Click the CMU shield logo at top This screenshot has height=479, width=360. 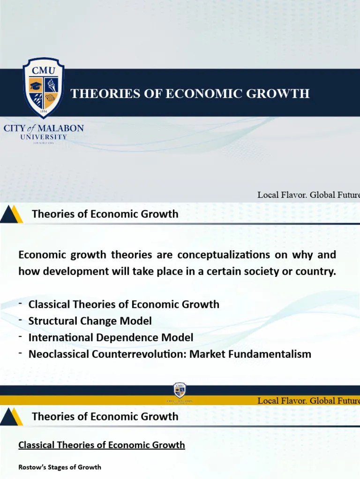44,87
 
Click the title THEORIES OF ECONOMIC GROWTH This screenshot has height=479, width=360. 190,94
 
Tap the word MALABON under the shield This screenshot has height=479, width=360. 60,128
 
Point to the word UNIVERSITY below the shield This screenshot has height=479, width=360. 44,137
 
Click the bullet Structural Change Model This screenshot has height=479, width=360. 90,321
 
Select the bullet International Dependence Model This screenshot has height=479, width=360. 111,337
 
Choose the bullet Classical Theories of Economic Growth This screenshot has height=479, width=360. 124,304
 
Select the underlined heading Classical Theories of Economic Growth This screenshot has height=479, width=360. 102,445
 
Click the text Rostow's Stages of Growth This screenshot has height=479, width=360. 60,467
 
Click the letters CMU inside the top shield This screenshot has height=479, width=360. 44,71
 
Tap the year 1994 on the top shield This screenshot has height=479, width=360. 44,111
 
